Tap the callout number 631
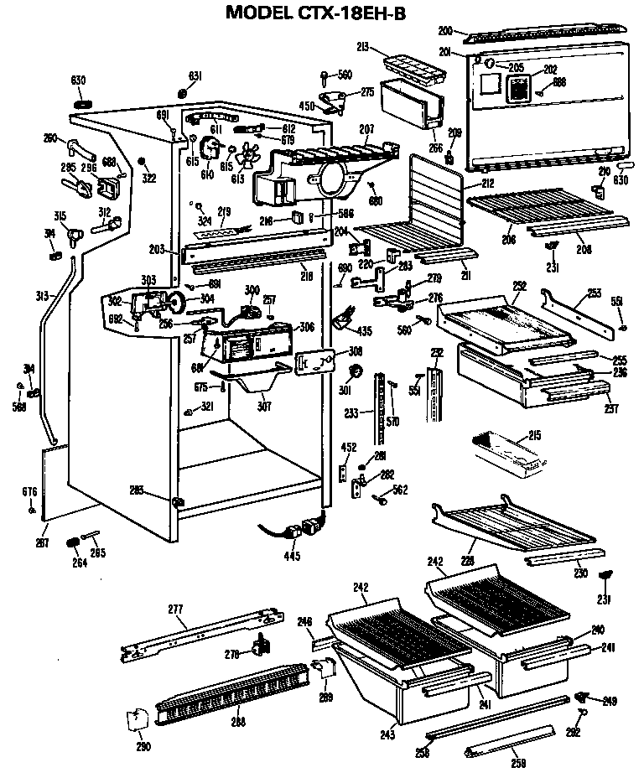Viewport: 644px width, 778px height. (195, 76)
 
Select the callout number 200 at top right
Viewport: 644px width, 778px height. (445, 31)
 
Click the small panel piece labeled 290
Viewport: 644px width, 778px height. (137, 721)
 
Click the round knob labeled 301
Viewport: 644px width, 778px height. (355, 371)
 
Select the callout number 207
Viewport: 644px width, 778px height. (366, 130)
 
